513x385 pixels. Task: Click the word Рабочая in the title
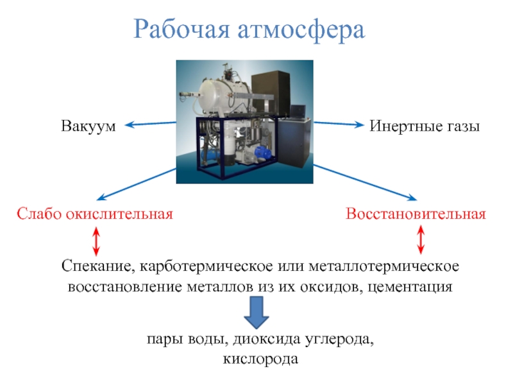182,29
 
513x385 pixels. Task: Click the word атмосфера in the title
301,30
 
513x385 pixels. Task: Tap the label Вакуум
88,126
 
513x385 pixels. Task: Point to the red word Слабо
39,214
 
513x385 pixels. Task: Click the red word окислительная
119,214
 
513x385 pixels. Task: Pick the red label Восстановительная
416,214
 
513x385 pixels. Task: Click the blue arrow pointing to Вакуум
151,124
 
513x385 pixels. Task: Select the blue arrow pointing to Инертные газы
339,124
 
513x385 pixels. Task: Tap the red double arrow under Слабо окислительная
96,242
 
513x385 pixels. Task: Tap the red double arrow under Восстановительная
421,240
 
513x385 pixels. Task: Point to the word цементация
410,287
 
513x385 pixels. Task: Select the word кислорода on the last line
260,359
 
